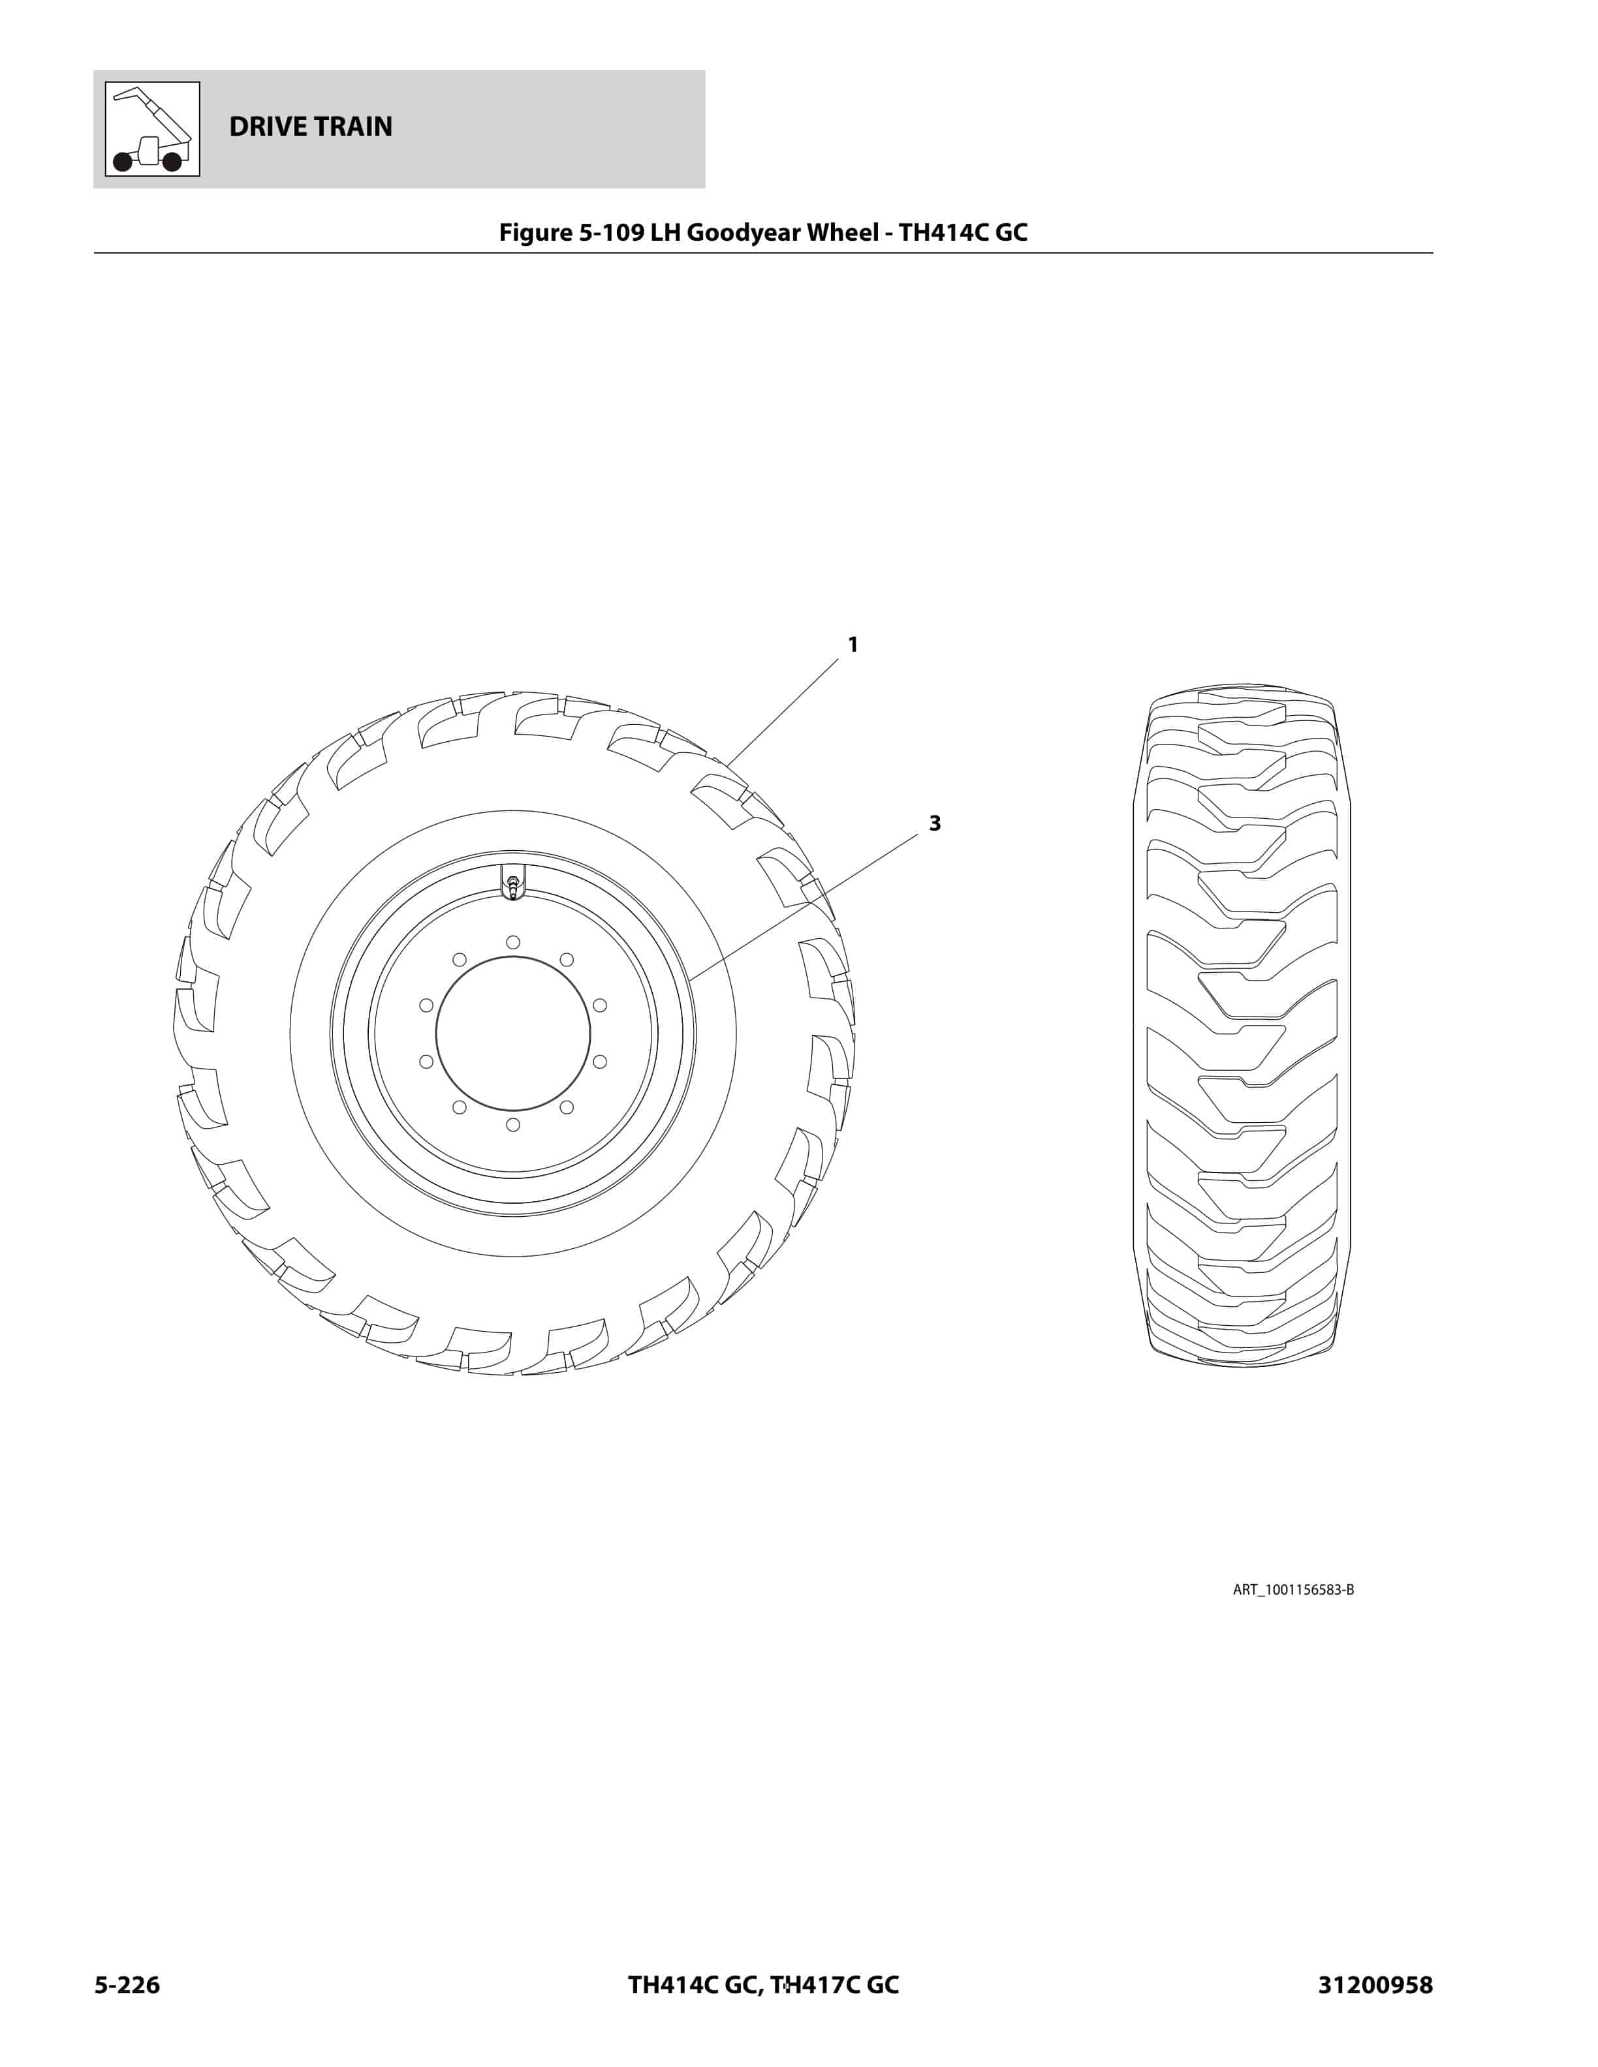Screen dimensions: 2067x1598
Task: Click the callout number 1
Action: point(852,645)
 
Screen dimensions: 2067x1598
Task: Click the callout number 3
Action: point(934,823)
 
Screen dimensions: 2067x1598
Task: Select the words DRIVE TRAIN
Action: point(311,127)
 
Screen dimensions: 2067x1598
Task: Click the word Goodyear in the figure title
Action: point(747,233)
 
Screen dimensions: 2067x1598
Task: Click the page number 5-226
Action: point(127,1985)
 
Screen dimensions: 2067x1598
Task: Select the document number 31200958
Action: point(1375,1985)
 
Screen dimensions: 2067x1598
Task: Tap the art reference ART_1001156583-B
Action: point(1292,1590)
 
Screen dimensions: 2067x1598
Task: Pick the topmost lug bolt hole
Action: point(513,942)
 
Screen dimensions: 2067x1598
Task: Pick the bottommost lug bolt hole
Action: point(513,1124)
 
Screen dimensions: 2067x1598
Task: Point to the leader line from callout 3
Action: point(805,906)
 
